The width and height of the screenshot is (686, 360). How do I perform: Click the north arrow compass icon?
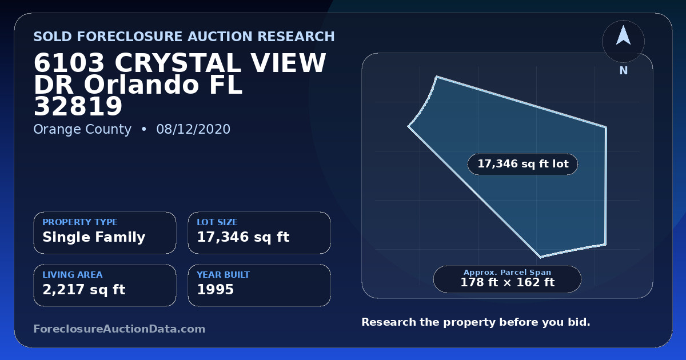[x=623, y=41]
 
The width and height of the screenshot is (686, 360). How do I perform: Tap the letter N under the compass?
[x=624, y=71]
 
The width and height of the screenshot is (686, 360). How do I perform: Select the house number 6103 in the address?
[x=69, y=63]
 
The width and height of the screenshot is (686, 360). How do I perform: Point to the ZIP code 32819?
[x=78, y=106]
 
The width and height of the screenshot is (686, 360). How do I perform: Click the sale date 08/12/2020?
[x=193, y=129]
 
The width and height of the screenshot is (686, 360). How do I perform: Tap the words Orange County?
[x=82, y=130]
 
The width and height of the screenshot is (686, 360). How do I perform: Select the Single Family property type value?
[x=94, y=237]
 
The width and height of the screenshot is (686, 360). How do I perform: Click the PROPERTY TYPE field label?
[x=80, y=222]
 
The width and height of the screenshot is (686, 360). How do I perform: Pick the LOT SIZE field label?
[x=217, y=222]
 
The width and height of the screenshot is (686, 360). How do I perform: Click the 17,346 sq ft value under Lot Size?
[x=243, y=237]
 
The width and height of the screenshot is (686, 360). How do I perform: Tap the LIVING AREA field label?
[x=73, y=275]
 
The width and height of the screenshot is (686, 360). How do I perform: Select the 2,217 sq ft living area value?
[x=84, y=290]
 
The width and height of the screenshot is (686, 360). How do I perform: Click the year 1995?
[x=216, y=290]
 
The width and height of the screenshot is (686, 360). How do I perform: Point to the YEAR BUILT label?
[x=224, y=275]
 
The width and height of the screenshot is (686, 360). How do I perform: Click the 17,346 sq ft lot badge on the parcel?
[x=523, y=164]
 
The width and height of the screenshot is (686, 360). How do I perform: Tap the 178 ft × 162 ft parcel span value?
[x=508, y=282]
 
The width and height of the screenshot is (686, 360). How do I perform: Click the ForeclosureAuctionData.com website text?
[x=119, y=329]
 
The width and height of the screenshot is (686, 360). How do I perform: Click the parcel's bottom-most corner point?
[x=541, y=257]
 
